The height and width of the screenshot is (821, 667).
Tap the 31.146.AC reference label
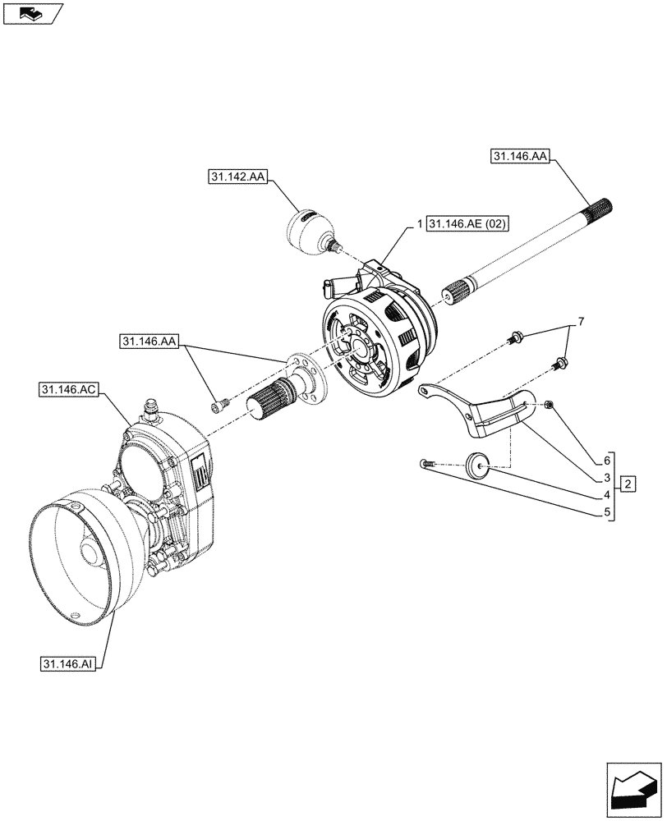pyautogui.click(x=67, y=388)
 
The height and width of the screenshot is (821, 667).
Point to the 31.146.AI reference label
pyautogui.click(x=67, y=663)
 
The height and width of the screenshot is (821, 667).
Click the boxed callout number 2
pyautogui.click(x=628, y=483)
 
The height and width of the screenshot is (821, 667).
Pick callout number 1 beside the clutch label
pyautogui.click(x=419, y=224)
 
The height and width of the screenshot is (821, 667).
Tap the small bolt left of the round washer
pyautogui.click(x=425, y=465)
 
